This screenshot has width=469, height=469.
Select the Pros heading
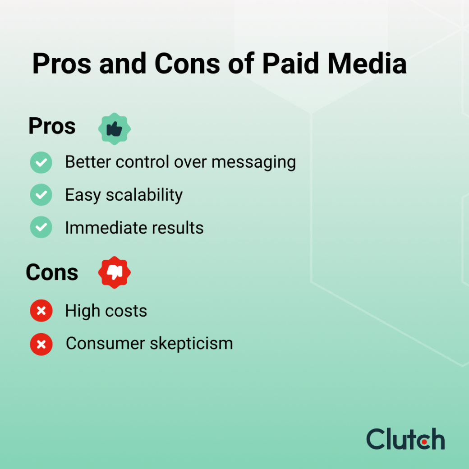52,126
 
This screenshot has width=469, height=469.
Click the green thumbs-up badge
115,129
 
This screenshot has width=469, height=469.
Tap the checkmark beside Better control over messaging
41,162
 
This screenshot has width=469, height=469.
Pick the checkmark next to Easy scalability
41,195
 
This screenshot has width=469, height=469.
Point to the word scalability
144,195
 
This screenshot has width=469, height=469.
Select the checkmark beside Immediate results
41,227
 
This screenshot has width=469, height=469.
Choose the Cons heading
52,272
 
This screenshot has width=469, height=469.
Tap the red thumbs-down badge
115,272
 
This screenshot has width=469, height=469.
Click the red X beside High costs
41,311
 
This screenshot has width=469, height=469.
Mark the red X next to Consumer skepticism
41,345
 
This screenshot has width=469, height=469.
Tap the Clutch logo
405,439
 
